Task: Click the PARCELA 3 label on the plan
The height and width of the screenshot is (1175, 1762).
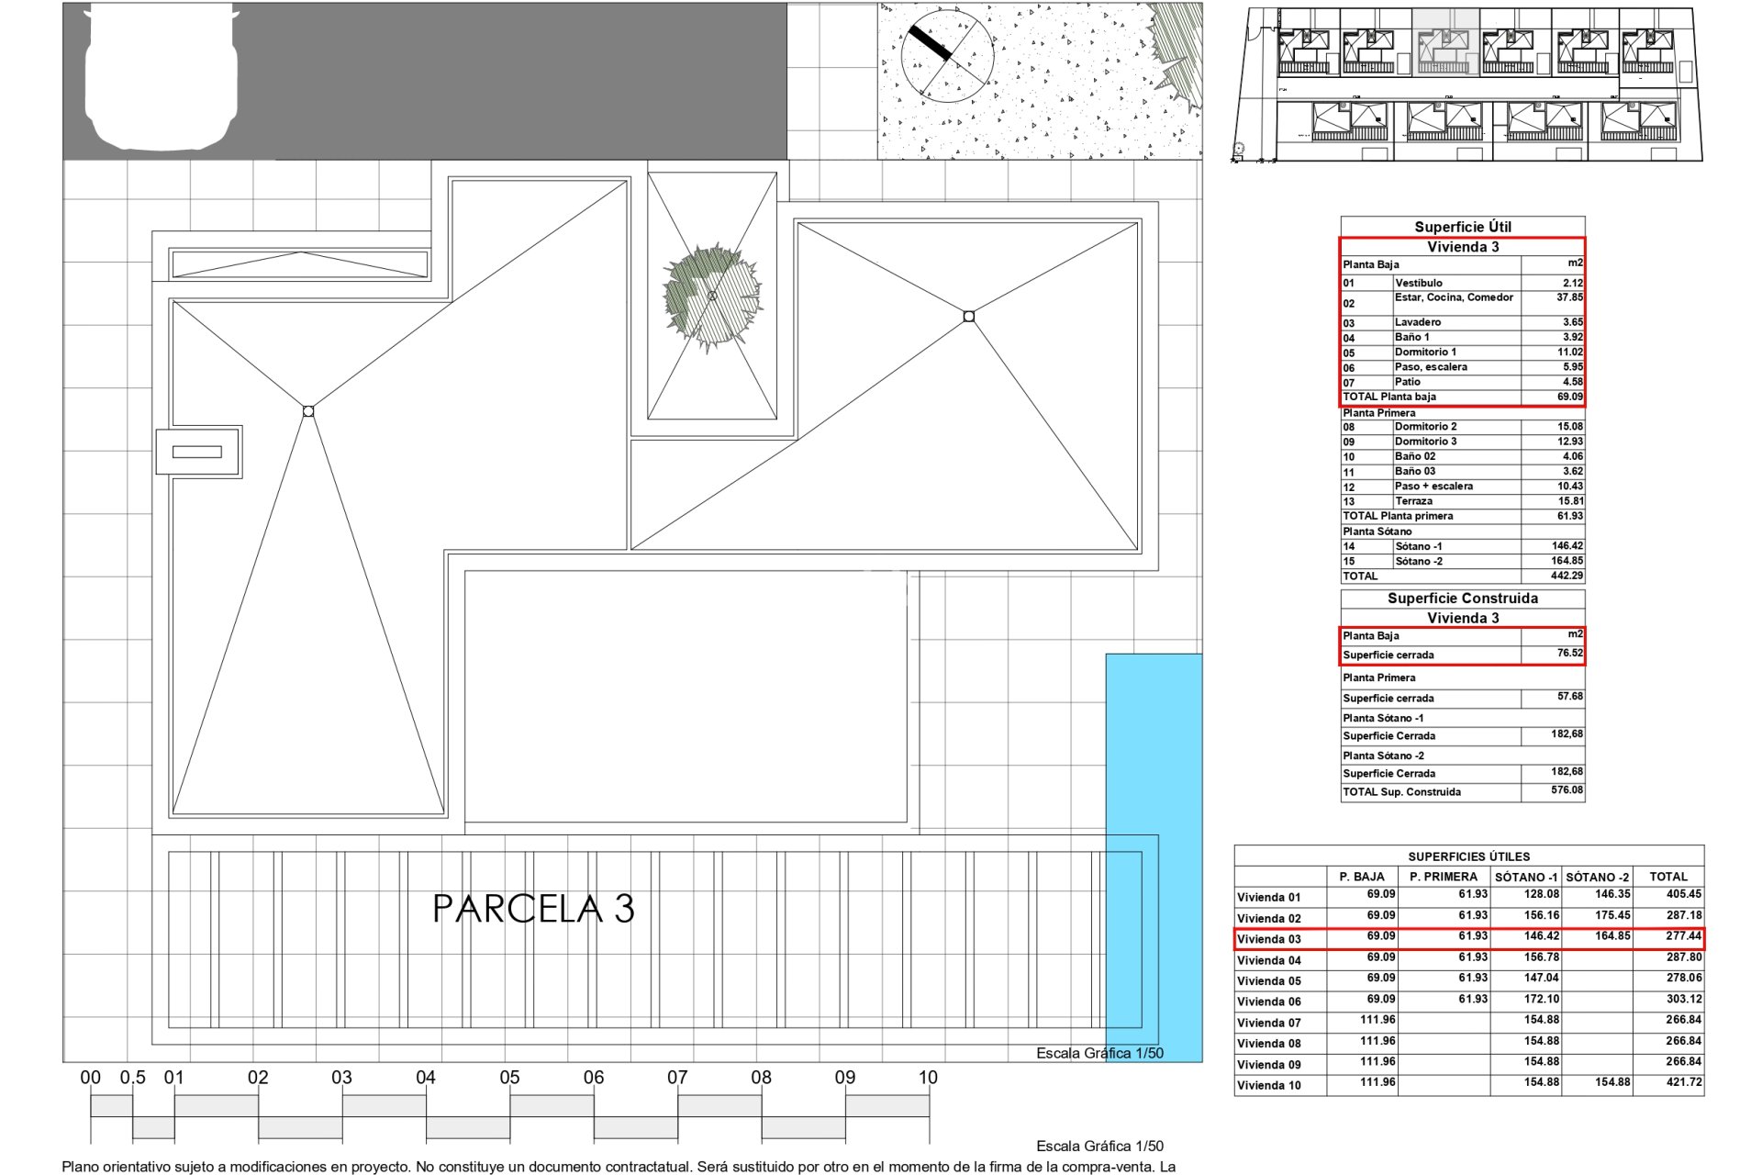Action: pyautogui.click(x=533, y=909)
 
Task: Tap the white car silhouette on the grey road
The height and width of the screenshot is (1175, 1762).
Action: pyautogui.click(x=162, y=77)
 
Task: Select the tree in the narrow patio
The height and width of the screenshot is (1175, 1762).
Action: pyautogui.click(x=712, y=296)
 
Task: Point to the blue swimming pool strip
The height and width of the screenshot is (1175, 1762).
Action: pyautogui.click(x=1154, y=857)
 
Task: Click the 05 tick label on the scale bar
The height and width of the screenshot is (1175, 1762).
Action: pyautogui.click(x=509, y=1078)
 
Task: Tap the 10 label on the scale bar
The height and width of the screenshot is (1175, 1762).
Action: pyautogui.click(x=928, y=1078)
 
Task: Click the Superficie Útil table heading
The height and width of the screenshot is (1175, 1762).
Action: pyautogui.click(x=1462, y=227)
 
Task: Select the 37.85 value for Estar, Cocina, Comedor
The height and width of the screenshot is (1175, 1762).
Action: pyautogui.click(x=1569, y=297)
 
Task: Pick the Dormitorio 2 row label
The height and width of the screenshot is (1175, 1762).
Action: pyautogui.click(x=1425, y=427)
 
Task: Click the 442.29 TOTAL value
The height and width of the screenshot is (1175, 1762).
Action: pyautogui.click(x=1567, y=576)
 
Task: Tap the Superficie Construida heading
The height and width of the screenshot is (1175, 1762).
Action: pyautogui.click(x=1462, y=599)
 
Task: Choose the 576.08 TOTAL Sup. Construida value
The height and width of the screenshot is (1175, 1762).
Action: pyautogui.click(x=1567, y=790)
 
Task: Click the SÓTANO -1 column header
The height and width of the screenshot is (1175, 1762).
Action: pyautogui.click(x=1525, y=877)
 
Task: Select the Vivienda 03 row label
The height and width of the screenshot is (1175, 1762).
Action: pyautogui.click(x=1269, y=939)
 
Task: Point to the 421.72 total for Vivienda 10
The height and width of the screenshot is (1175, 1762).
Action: pyautogui.click(x=1683, y=1083)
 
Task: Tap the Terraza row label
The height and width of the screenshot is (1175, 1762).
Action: pyautogui.click(x=1413, y=501)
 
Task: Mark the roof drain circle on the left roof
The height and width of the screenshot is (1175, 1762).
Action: pyautogui.click(x=308, y=411)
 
